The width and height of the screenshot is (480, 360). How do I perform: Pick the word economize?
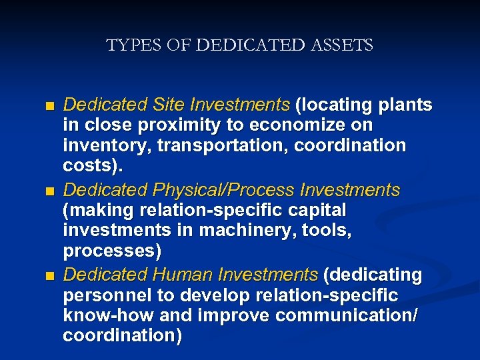(x=306, y=125)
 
